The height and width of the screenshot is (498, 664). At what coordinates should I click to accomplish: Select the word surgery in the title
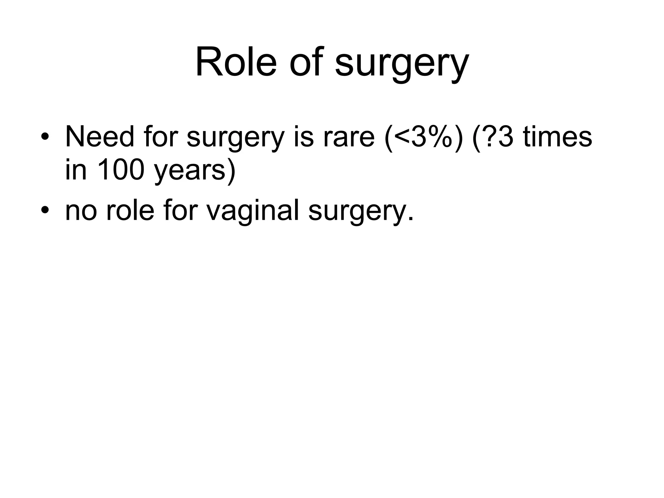[x=402, y=65]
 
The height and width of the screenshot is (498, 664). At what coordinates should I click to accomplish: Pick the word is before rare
[x=303, y=137]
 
